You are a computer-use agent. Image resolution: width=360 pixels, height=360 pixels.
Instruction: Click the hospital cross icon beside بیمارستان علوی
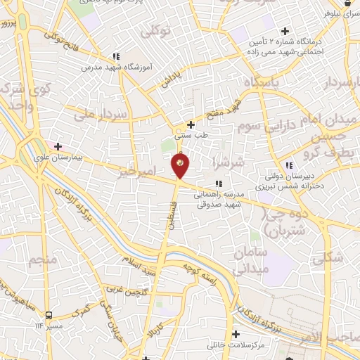(x=58, y=148)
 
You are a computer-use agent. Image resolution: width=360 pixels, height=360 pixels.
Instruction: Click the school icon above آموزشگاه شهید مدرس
(x=116, y=56)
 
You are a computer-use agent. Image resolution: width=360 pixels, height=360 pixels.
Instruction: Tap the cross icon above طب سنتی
(x=190, y=124)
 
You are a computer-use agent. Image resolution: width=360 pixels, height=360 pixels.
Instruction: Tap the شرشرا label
(x=229, y=164)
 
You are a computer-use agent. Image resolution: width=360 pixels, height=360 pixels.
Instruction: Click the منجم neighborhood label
(x=41, y=262)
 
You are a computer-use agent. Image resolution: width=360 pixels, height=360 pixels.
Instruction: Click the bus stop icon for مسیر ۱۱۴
(x=49, y=316)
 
